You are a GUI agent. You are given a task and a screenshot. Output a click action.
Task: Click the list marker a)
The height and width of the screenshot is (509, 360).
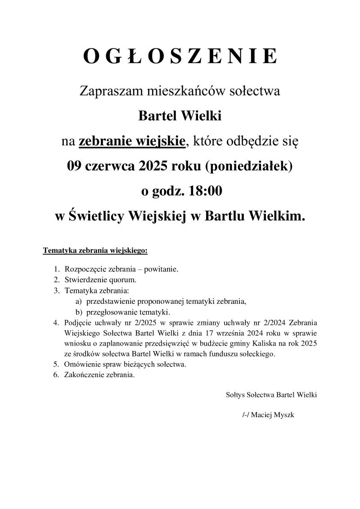(78, 301)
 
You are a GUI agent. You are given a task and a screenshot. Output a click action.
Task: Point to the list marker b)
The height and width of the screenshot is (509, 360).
(78, 311)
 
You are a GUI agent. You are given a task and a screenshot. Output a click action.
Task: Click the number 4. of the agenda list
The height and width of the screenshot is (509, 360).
(56, 323)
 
